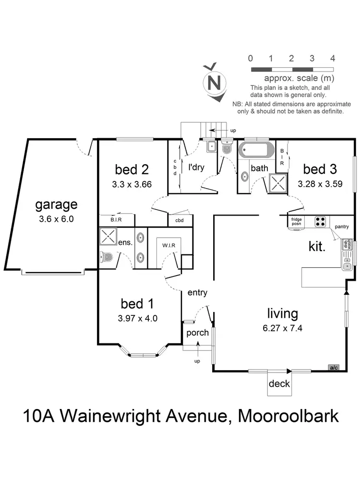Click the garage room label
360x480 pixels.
pos(56,204)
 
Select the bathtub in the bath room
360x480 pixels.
pos(256,150)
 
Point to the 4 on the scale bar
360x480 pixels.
pos(333,59)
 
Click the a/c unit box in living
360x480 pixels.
pos(334,368)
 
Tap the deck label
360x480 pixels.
pos(279,384)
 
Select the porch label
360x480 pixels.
pos(197,333)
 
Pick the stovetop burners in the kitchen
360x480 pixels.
pos(321,221)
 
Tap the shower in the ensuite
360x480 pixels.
pos(108,237)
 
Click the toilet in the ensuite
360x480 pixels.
pos(107,258)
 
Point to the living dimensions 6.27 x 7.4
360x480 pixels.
pos(282,328)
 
